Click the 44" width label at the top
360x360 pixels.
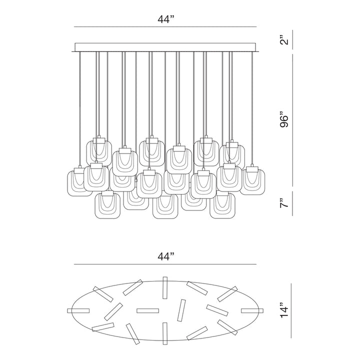[165, 19]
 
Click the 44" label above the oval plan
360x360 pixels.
[165, 257]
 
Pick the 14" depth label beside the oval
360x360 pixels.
[284, 309]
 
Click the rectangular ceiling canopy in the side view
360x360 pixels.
[165, 47]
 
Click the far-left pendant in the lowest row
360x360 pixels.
[108, 205]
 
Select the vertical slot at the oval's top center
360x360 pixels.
[165, 285]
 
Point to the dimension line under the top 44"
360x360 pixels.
[165, 26]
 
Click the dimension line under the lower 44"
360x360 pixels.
[165, 264]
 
